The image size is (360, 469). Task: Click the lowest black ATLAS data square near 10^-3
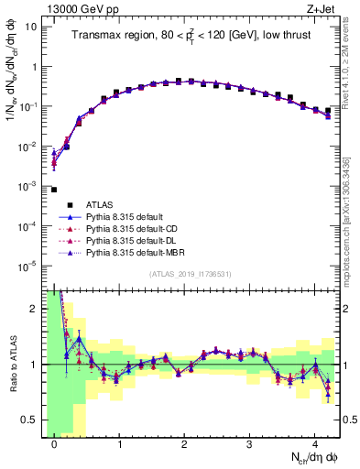[x=54, y=190]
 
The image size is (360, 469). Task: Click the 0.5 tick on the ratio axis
[x=31, y=420]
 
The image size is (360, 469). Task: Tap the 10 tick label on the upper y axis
[x=30, y=27]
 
